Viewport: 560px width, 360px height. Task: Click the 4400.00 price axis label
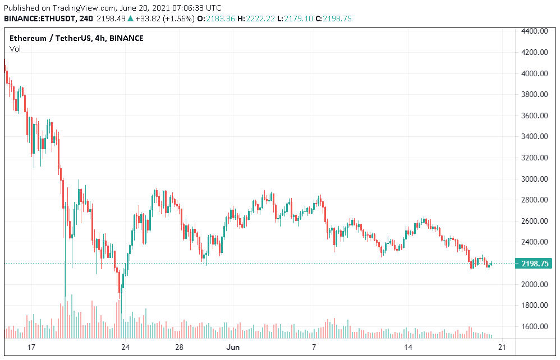(535, 31)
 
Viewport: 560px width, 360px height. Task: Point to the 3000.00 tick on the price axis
(535, 179)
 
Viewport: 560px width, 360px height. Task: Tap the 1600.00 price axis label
(535, 326)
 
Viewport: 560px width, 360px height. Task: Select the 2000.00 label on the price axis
(535, 284)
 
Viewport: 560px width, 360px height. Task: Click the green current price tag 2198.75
(535, 264)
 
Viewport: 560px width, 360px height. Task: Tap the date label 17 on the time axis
(31, 347)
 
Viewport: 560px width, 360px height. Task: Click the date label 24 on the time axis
(126, 347)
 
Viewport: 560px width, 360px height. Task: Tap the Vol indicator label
(15, 49)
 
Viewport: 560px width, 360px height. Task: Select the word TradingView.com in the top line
(79, 8)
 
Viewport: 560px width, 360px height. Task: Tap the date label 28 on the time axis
(180, 347)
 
